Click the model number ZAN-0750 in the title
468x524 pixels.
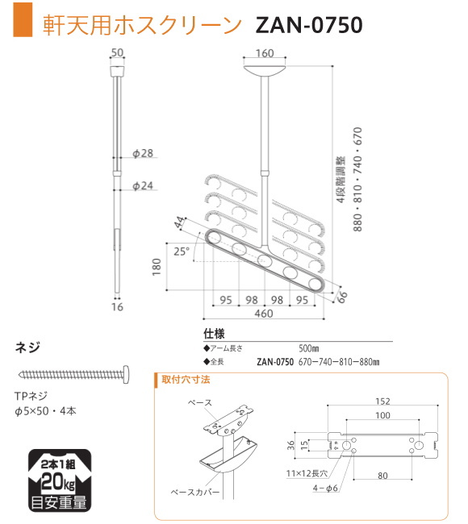[308, 24]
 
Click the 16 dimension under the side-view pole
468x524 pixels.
[118, 306]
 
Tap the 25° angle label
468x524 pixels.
[181, 252]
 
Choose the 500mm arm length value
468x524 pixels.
[310, 347]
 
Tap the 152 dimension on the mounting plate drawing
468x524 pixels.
[382, 401]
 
